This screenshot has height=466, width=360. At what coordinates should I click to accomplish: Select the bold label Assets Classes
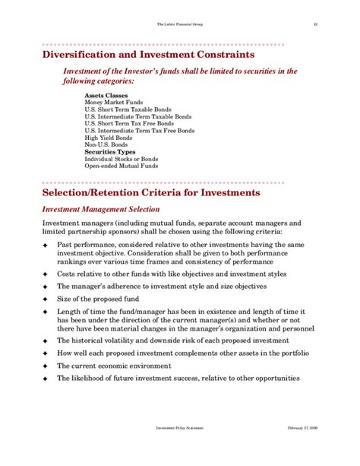click(105, 96)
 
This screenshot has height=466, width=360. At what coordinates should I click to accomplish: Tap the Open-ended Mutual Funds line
click(120, 165)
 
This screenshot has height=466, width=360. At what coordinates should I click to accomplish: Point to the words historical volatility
click(111, 340)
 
